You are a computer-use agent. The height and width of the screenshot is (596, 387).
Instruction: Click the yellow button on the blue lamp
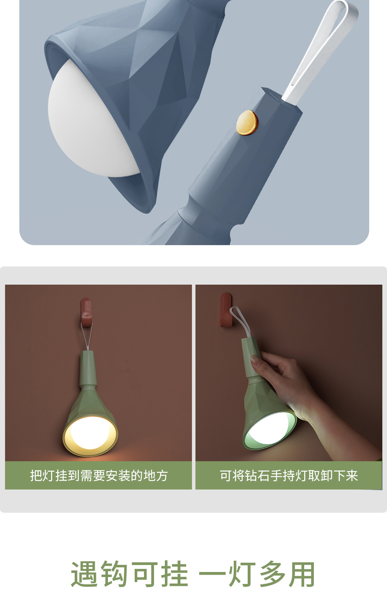point(247,123)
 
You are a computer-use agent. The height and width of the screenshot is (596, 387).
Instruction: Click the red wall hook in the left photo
point(86,312)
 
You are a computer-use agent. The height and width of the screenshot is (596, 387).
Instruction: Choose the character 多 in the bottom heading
point(272,575)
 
